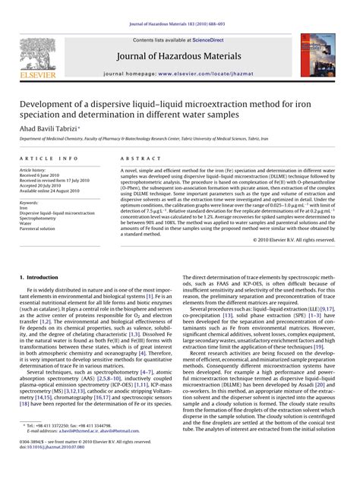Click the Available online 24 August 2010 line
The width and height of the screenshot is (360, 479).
(x=54, y=191)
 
